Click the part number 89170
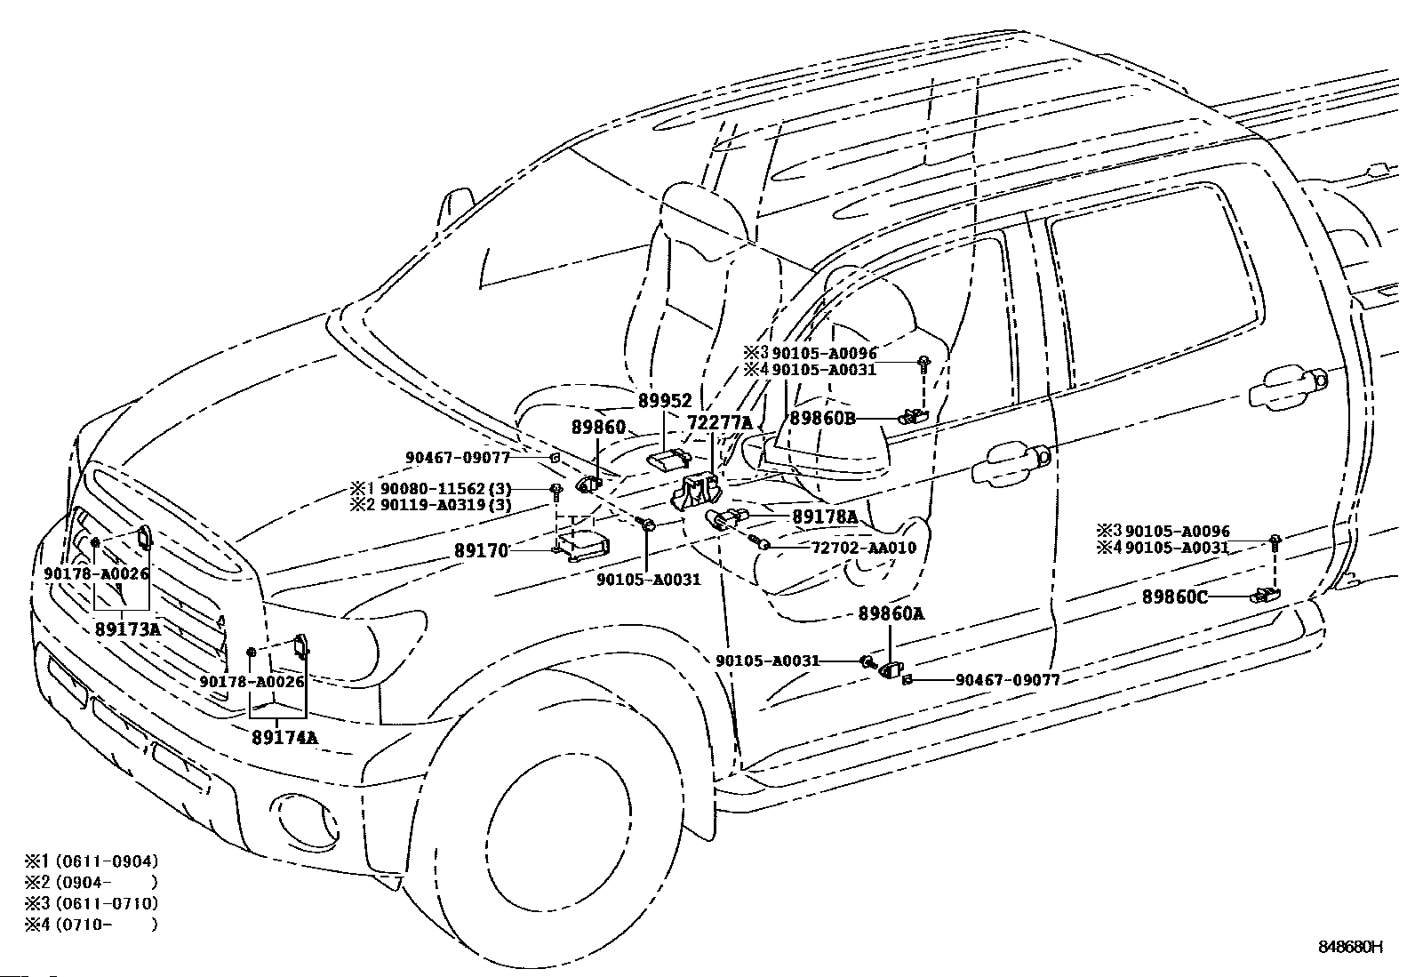[482, 551]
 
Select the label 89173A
[129, 629]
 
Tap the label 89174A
[285, 737]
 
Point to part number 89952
[665, 401]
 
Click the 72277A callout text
[720, 423]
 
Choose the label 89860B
[822, 419]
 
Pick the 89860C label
[1175, 597]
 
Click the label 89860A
[891, 613]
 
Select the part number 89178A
[825, 517]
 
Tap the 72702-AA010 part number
[864, 548]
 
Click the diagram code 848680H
[1350, 946]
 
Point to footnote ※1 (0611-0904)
[92, 861]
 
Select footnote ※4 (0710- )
[92, 925]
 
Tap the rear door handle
[1289, 386]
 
